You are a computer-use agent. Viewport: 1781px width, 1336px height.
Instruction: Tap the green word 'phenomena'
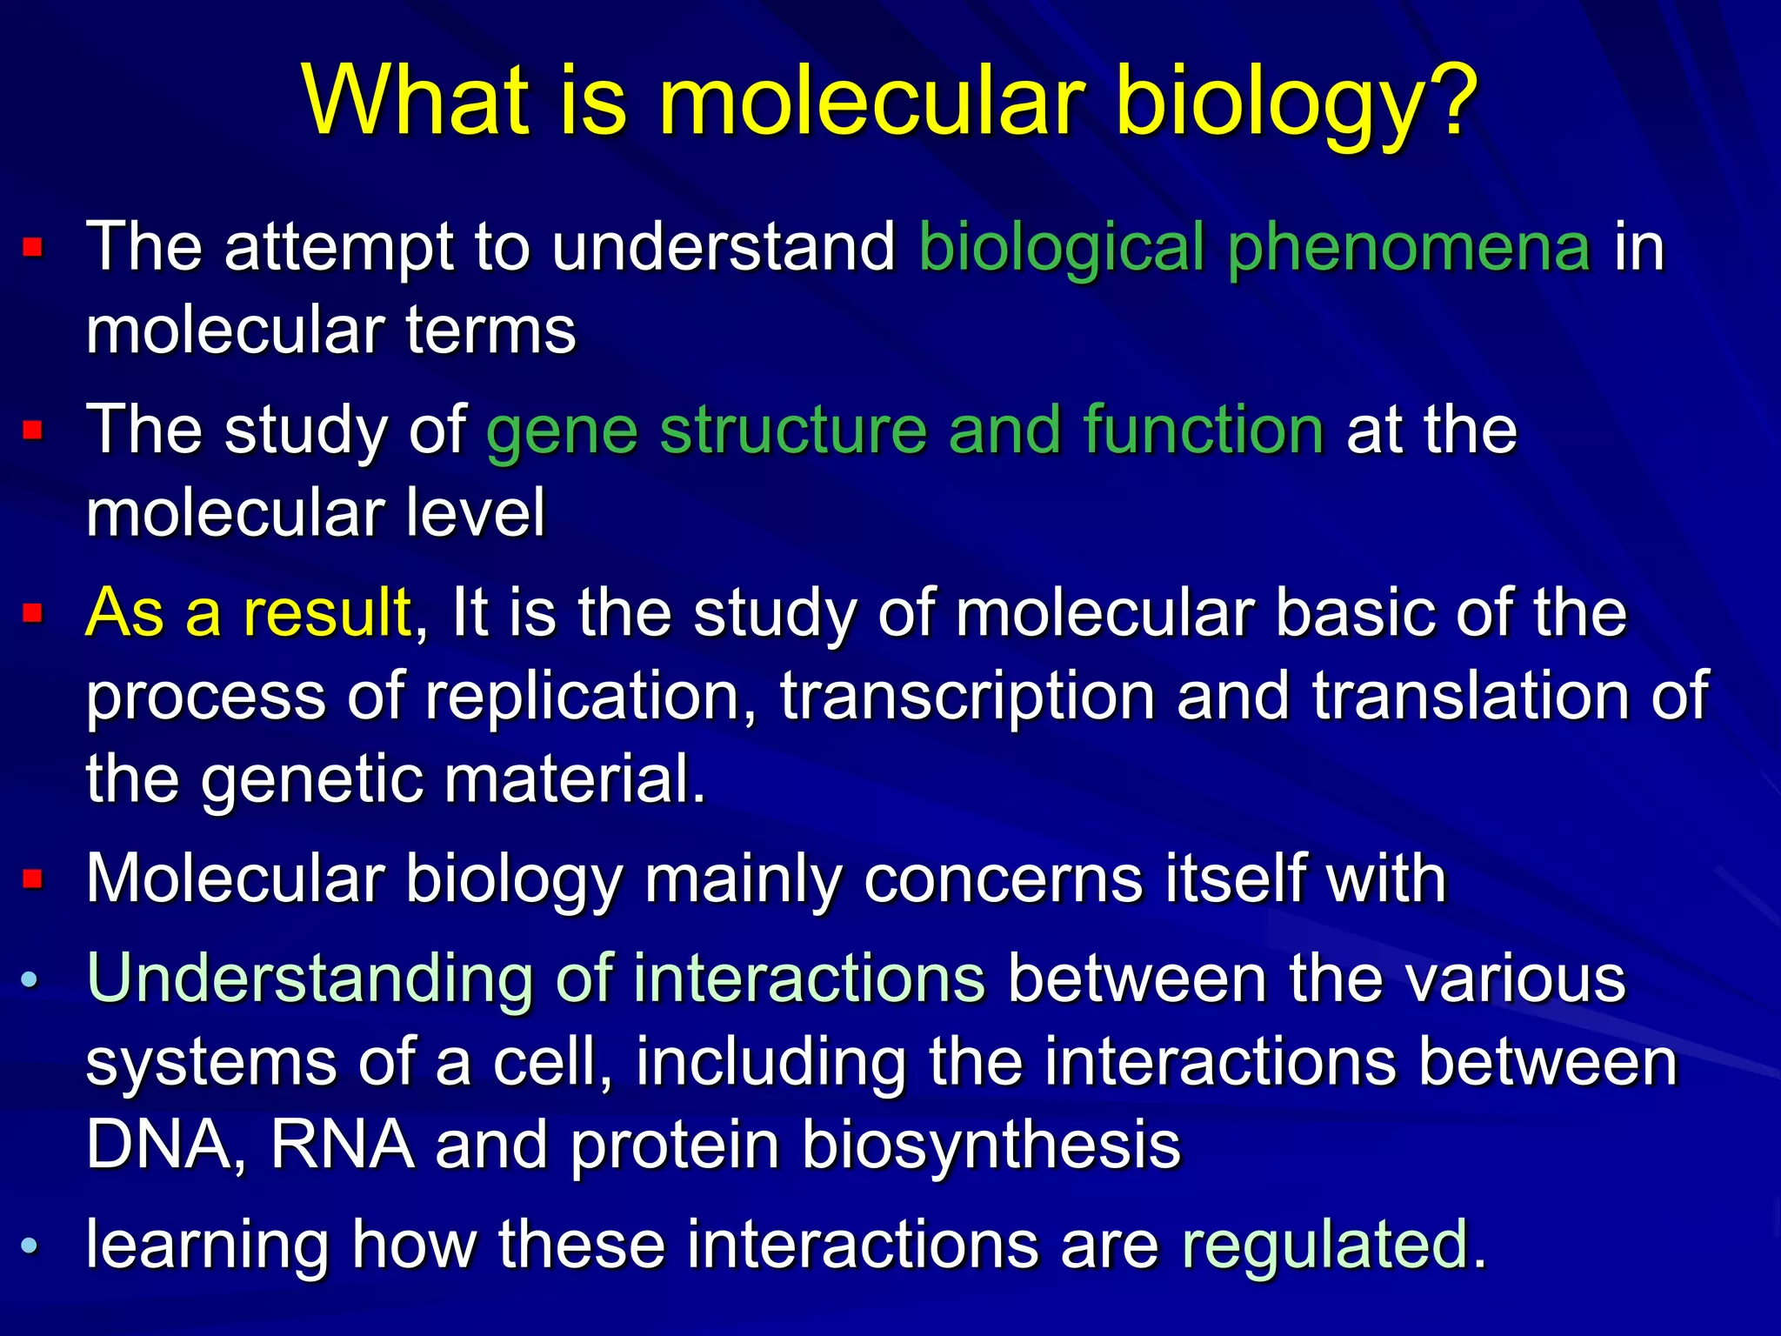1409,248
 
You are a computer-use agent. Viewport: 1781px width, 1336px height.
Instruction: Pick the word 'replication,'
591,696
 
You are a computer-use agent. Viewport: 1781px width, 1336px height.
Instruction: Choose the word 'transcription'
967,696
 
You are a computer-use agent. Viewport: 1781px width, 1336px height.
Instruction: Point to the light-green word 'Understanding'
310,979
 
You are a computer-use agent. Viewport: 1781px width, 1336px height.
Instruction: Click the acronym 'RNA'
342,1145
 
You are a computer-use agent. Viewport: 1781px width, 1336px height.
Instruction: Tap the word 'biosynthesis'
991,1145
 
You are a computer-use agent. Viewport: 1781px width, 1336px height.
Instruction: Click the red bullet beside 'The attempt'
32,249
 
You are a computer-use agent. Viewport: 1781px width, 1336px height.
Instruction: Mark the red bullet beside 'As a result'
32,614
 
